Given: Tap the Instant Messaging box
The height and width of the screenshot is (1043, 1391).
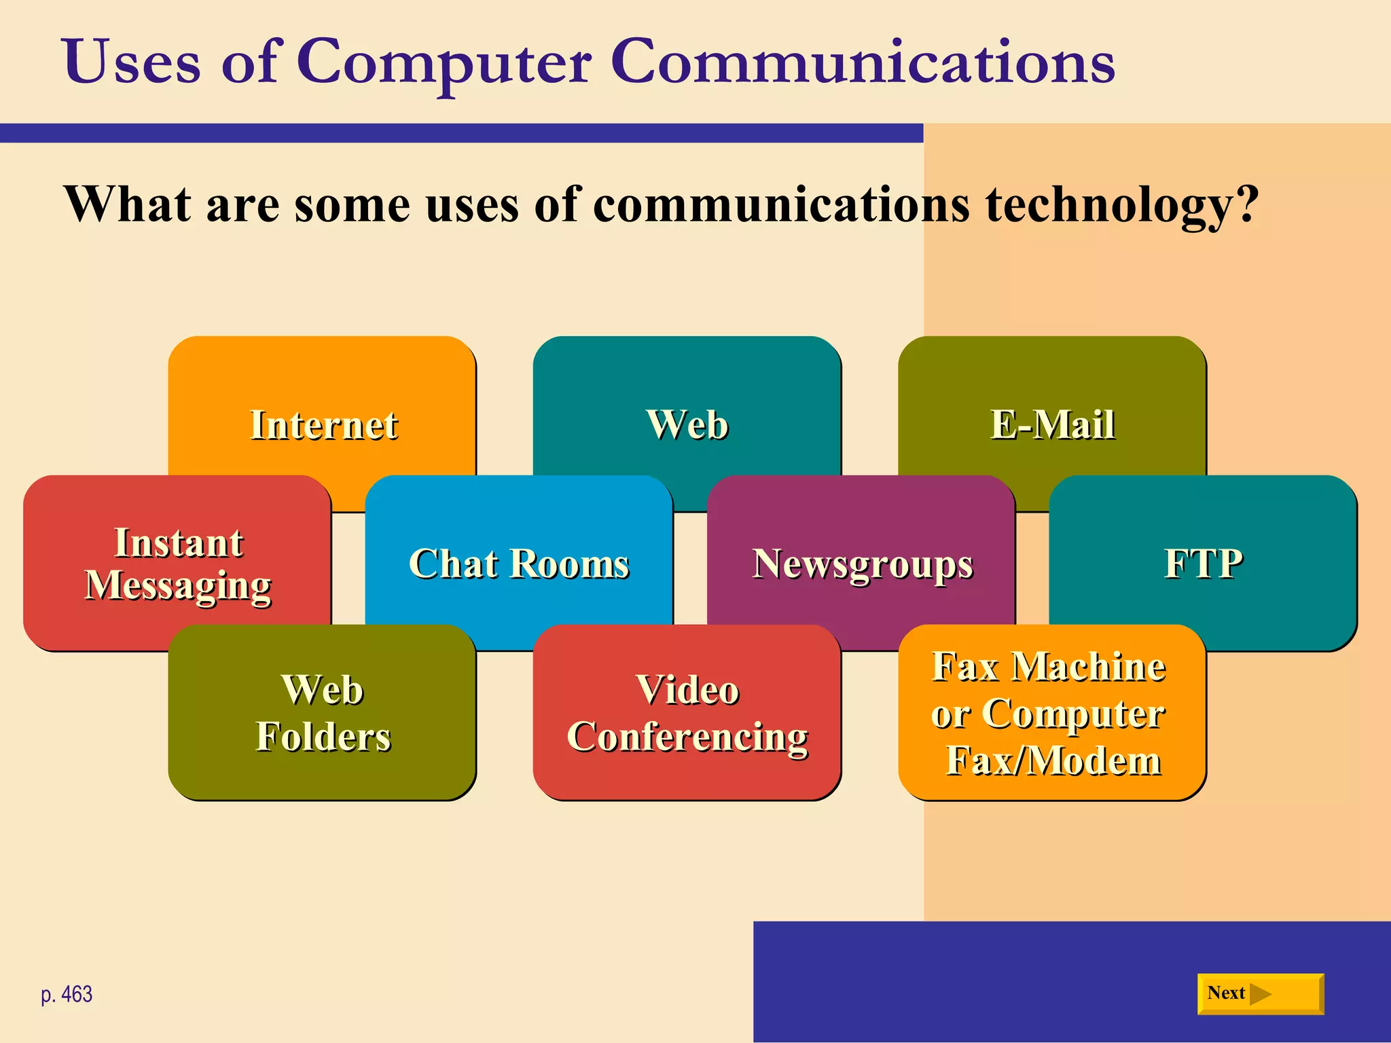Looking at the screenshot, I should pos(178,564).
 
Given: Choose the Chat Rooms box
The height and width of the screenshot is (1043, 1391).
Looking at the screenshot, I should pos(519,564).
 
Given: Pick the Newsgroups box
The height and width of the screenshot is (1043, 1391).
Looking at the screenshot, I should pos(862,564).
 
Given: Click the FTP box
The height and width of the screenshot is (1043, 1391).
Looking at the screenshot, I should pos(1204,564).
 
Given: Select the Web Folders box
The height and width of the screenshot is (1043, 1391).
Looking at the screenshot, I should pos(323,713).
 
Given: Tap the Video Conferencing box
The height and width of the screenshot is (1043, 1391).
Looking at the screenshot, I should pos(687,713).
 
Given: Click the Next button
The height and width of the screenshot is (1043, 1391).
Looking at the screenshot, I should pos(1260,994).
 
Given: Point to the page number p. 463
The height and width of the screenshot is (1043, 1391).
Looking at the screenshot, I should pos(67,995).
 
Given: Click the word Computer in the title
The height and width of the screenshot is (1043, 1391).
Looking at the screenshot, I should pos(444,62).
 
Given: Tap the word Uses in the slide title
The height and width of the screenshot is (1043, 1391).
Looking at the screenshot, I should pos(132,62).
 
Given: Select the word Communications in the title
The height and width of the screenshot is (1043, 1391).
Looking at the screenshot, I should pos(862,62).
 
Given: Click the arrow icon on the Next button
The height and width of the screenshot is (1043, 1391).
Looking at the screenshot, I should pos(1261,994).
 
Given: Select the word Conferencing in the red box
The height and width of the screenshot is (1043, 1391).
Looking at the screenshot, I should pos(687,737).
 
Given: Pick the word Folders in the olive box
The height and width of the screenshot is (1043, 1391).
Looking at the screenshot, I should pos(323,737).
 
